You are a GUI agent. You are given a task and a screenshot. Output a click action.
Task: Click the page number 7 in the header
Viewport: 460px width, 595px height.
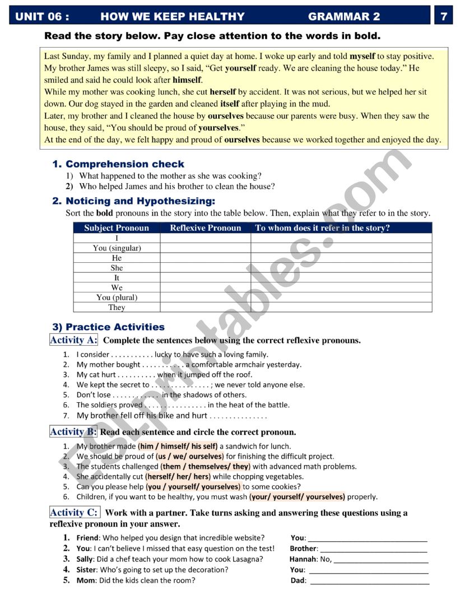tap(444, 16)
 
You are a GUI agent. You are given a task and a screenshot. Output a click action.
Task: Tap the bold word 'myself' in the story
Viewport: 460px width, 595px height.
tap(362, 56)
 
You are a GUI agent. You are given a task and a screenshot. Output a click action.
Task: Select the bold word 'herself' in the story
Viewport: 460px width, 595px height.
tap(223, 92)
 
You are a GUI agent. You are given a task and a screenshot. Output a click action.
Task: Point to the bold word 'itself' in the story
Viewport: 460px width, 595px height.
tap(230, 104)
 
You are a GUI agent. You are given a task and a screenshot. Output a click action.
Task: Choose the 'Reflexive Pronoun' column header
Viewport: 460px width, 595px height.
tap(205, 228)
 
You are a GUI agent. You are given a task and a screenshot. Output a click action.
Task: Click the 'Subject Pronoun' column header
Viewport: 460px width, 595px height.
tap(117, 228)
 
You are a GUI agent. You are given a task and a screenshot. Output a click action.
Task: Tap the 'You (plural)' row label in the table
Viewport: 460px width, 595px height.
tap(117, 297)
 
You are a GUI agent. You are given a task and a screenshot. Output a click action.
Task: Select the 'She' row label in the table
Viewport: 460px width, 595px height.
tap(117, 268)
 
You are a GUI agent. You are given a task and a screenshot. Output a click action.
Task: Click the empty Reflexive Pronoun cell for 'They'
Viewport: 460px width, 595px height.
tap(205, 307)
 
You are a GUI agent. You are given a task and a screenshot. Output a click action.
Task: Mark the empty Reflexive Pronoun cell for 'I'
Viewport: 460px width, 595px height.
tap(205, 238)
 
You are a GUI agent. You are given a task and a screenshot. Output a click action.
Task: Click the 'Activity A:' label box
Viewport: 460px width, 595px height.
tap(73, 340)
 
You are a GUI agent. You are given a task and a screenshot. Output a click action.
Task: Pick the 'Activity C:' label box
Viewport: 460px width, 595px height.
tap(74, 513)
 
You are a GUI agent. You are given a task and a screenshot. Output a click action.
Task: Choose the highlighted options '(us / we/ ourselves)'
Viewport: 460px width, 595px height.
tap(190, 457)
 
